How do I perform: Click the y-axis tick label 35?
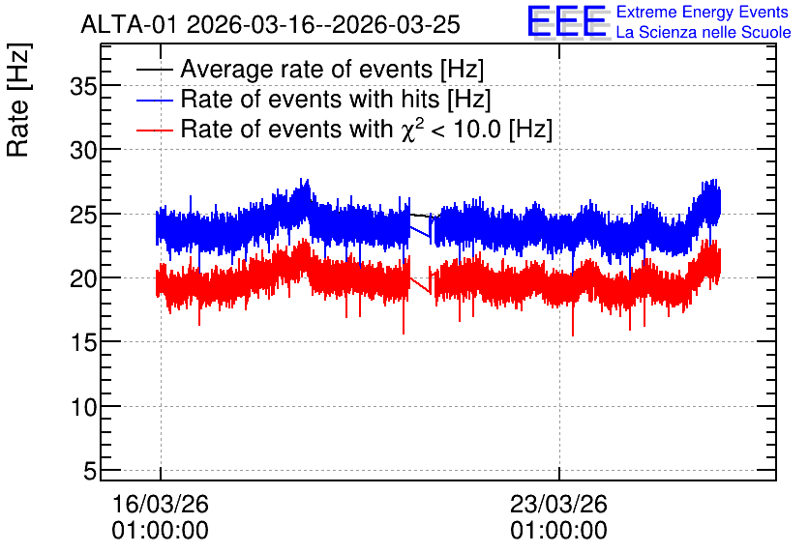[83, 87]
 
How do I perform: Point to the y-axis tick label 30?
[83, 151]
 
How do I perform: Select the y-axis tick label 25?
[83, 215]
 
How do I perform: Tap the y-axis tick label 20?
[83, 278]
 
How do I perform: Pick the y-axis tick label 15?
[83, 343]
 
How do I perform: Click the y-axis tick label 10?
[83, 407]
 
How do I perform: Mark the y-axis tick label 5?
[90, 471]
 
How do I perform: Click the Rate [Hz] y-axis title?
[18, 100]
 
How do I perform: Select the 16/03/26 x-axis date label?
[161, 504]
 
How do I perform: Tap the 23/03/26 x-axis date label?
[558, 504]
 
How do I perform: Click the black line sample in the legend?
[154, 70]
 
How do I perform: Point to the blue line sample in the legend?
[154, 100]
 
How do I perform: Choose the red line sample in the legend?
[154, 130]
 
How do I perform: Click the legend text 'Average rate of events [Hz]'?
[332, 70]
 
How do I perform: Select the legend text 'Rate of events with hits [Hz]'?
[336, 99]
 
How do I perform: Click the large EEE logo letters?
[567, 22]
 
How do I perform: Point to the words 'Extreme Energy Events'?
[703, 12]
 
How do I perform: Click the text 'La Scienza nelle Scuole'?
[704, 33]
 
